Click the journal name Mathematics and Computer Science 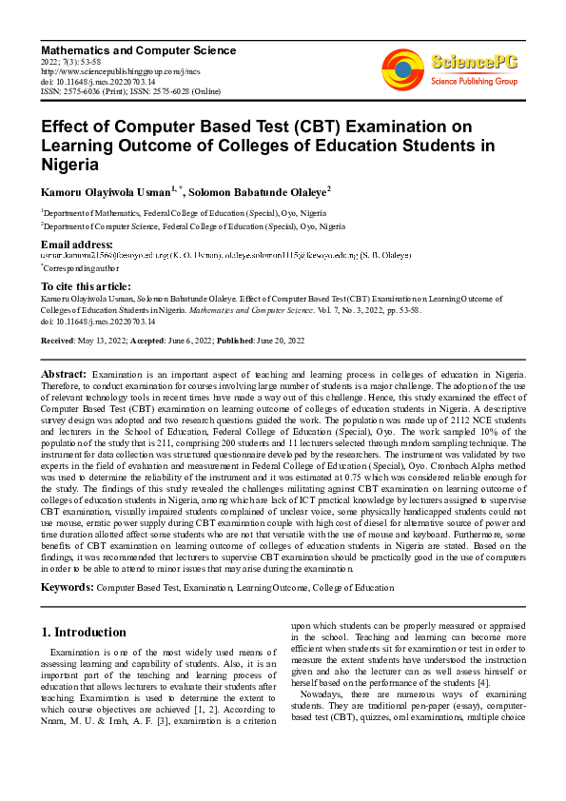138,49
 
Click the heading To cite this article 87,285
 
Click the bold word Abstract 64,376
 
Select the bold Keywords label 67,589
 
